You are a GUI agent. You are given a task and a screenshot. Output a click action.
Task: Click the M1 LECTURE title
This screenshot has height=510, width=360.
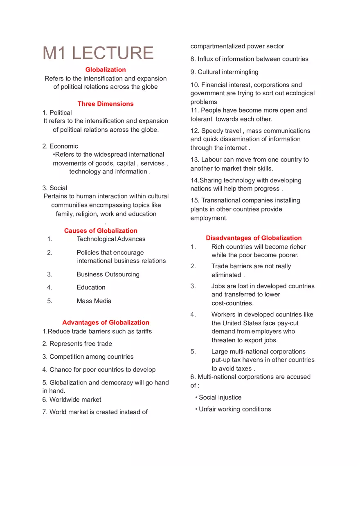pos(98,53)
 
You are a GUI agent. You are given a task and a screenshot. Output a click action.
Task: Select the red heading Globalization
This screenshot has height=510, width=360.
pos(106,70)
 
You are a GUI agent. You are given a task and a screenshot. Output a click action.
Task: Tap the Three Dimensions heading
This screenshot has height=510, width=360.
pos(106,104)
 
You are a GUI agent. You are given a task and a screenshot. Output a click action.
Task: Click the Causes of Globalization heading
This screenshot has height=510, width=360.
pos(101,231)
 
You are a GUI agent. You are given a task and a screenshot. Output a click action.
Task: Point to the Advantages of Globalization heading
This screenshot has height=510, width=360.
pos(106,322)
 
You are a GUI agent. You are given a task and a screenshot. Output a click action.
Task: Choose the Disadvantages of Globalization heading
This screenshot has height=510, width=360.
pos(254,238)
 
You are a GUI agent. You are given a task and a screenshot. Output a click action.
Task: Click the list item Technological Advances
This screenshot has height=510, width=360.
pos(111,239)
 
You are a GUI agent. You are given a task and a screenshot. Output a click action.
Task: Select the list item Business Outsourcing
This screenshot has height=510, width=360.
pos(108,274)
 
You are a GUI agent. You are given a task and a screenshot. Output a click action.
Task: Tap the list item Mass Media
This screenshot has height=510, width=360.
pos(94,301)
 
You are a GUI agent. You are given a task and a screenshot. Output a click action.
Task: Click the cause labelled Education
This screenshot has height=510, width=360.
pos(91,288)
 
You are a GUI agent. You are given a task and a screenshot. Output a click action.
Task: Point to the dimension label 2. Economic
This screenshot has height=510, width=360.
pos(60,146)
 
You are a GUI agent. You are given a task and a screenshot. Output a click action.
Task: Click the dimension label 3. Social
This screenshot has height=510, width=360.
pos(55,188)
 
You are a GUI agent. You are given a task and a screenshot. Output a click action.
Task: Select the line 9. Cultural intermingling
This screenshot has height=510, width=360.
pos(224,72)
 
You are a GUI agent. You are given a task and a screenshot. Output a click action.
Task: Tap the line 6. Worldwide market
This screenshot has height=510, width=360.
pos(72,400)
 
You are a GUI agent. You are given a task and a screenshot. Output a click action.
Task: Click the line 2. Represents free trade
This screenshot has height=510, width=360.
pos(77,344)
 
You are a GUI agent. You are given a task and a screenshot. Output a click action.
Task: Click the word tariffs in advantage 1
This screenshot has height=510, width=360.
pos(142,331)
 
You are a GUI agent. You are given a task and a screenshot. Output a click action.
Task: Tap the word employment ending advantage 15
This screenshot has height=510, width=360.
pos(209,218)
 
